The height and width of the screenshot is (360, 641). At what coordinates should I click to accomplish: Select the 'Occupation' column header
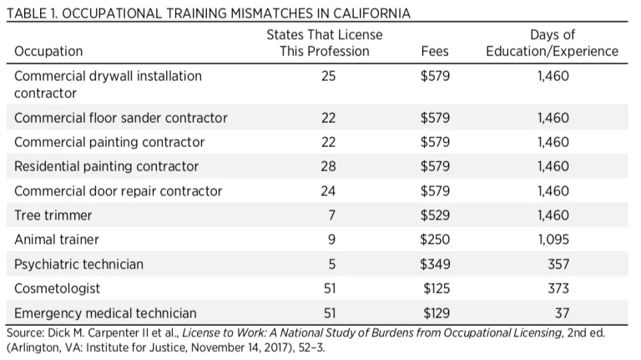pos(48,51)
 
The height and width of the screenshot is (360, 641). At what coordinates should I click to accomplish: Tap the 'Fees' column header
pos(435,51)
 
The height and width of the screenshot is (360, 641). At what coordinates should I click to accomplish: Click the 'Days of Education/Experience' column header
pos(553,43)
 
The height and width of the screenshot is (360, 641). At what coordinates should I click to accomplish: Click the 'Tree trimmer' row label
pos(53,215)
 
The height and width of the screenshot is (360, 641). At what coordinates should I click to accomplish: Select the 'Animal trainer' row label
pos(57,240)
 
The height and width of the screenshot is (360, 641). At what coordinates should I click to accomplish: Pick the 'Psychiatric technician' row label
pos(79,264)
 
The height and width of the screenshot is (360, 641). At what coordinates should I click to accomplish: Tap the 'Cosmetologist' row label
pos(58,288)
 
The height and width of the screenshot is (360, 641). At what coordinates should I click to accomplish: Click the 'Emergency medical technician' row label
pos(106,313)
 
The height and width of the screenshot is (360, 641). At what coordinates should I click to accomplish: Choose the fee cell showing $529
pos(435,215)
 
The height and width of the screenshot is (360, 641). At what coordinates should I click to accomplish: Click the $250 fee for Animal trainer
pos(435,240)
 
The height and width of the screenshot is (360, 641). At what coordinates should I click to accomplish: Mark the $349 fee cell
pos(435,264)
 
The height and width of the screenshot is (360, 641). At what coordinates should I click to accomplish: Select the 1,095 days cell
pos(553,240)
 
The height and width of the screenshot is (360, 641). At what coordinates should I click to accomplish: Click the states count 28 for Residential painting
pos(328,166)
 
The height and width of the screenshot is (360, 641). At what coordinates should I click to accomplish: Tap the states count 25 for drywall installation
pos(328,76)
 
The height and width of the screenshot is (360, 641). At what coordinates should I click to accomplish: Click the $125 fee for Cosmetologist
pos(435,288)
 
